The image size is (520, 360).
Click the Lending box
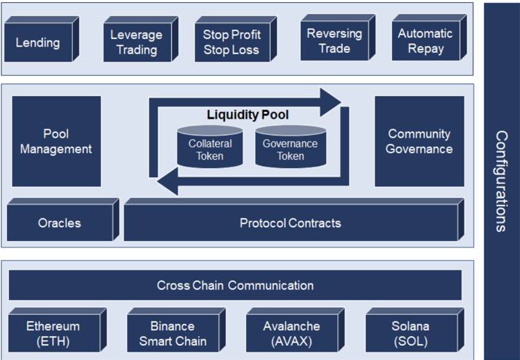[38, 42]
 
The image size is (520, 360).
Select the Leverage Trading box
[136, 42]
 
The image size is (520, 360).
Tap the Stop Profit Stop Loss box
[231, 42]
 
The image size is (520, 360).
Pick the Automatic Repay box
[425, 41]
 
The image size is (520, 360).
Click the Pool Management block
[56, 141]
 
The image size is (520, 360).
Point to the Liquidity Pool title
[247, 114]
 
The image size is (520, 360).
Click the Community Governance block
[419, 141]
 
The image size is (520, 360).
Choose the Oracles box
[59, 223]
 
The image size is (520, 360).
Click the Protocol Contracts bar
[290, 223]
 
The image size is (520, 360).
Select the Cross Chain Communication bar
[235, 285]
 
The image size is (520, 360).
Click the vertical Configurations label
[501, 180]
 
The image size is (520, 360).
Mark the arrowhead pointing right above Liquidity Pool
[332, 102]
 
